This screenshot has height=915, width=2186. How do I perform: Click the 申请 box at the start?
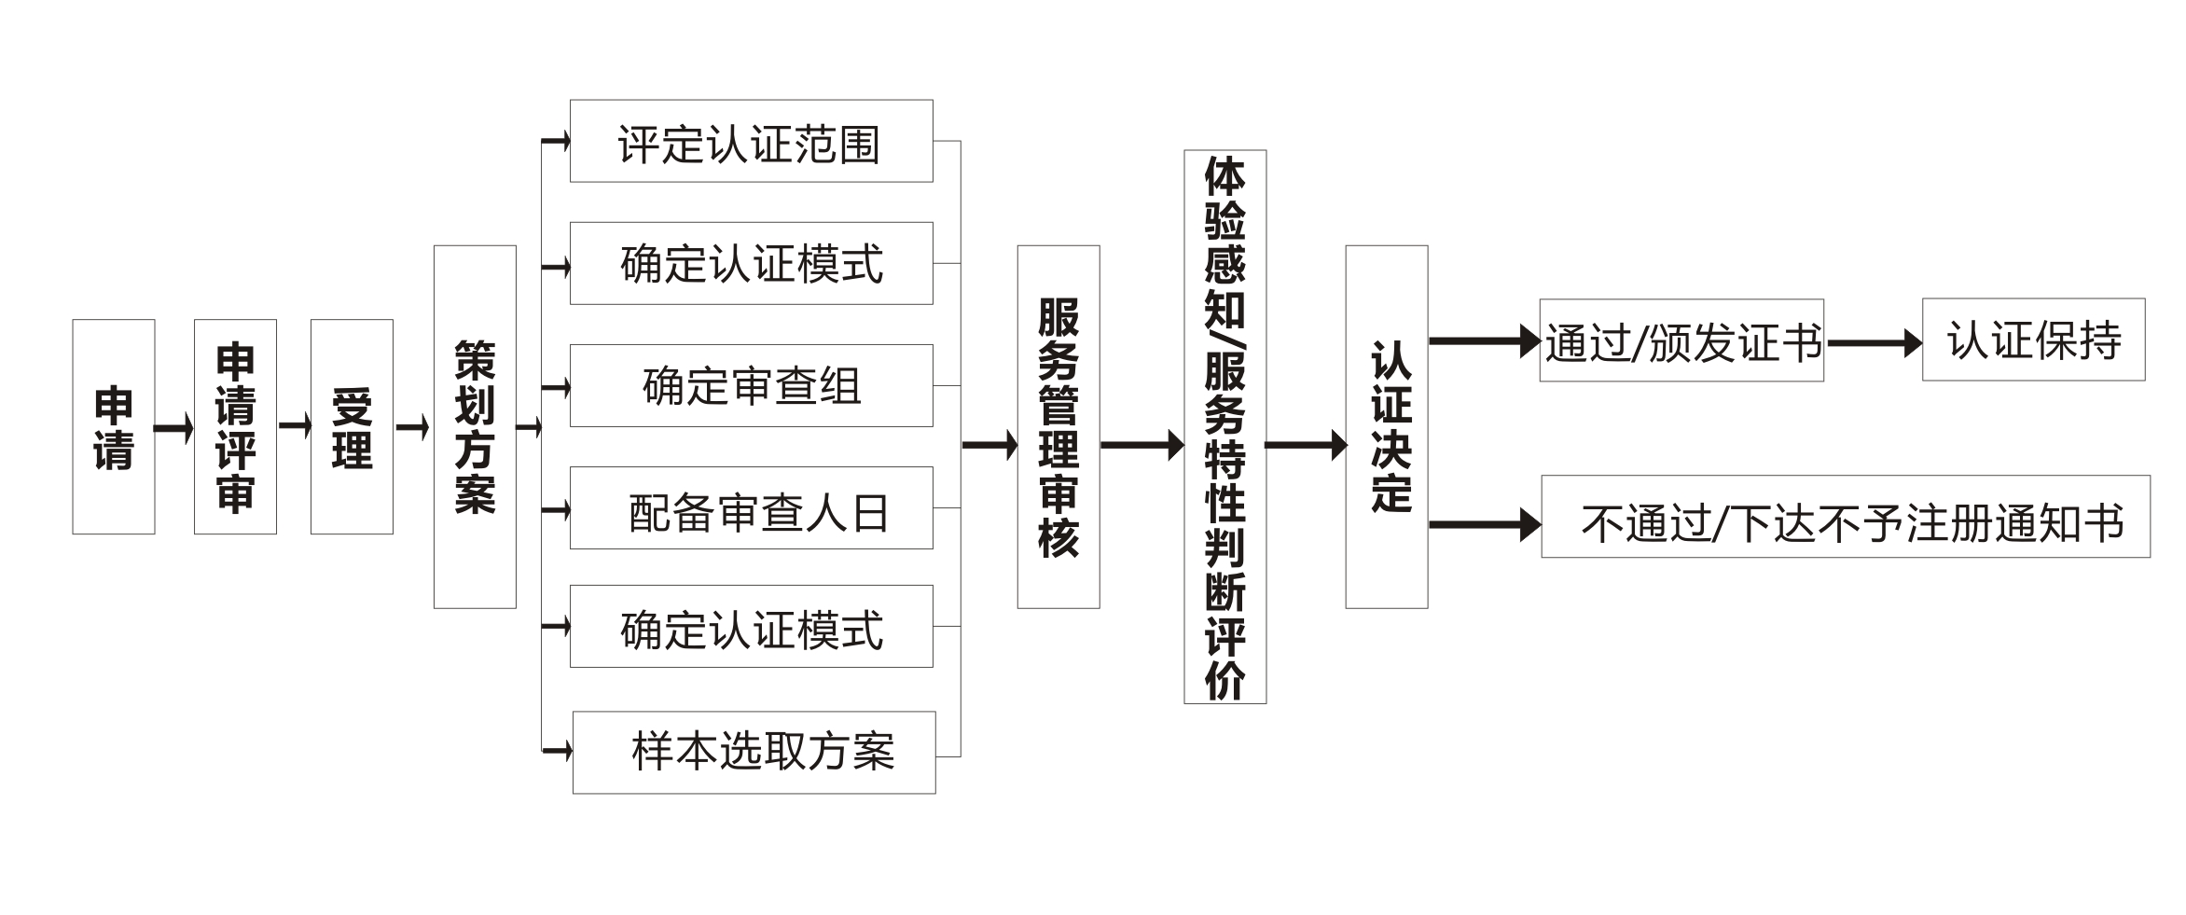113,426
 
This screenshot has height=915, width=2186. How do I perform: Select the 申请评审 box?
235,426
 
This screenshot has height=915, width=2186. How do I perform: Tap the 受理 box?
352,426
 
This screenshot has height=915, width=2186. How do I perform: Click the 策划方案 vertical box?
475,426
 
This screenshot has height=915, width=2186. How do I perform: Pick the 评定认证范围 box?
751,141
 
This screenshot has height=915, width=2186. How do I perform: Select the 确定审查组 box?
751,385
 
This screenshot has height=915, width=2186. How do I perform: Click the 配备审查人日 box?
751,507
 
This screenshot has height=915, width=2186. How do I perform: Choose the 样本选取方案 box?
754,752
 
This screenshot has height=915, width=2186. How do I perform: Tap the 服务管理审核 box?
1058,426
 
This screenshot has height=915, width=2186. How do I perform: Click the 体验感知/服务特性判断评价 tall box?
1224,426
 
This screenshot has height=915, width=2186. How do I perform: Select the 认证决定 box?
1386,426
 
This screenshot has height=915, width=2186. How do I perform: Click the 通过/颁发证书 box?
1681,340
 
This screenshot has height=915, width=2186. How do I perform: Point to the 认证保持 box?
2033,340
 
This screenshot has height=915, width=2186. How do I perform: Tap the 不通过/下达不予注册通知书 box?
1845,517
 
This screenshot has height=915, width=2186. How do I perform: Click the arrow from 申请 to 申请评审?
173,428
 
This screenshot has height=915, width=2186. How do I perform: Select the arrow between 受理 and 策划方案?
412,428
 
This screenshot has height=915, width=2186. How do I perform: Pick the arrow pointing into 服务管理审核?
989,445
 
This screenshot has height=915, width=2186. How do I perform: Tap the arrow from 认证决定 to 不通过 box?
1483,524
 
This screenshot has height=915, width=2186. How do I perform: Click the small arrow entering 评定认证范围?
556,142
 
